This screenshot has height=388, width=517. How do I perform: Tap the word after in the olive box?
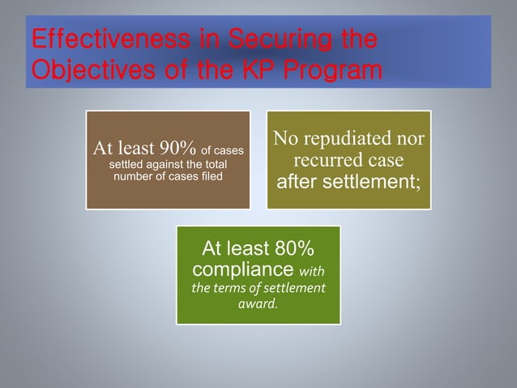(x=298, y=181)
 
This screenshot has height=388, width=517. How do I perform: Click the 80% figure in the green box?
(x=285, y=248)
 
